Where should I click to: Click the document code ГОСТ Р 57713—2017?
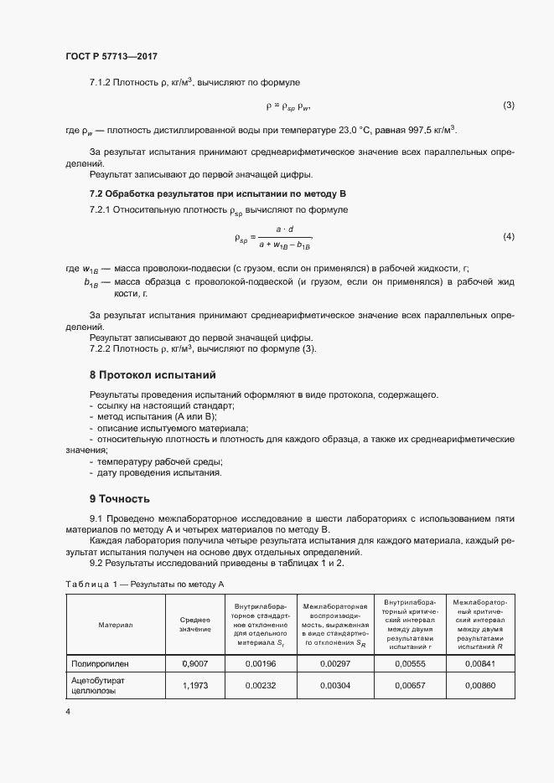111,56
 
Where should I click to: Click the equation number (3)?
508,106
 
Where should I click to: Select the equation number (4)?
508,237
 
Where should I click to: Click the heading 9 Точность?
120,499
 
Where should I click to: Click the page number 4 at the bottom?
68,712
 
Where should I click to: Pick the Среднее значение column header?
195,624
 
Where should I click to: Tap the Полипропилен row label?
101,663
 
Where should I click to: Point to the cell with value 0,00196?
260,663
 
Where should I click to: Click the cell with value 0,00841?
481,663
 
